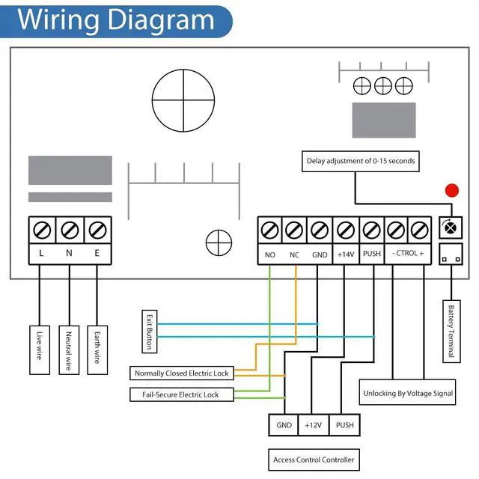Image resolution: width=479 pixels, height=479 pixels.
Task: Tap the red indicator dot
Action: tap(451, 190)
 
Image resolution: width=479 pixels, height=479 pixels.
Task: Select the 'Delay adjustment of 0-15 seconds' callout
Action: tap(360, 160)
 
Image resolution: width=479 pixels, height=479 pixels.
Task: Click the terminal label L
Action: tap(41, 254)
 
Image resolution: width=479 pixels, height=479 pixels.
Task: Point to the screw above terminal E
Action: tap(97, 228)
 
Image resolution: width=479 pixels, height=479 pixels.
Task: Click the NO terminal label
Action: tap(270, 254)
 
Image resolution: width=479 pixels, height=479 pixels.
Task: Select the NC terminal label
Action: tap(295, 254)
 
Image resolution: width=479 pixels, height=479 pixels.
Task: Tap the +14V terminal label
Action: tap(345, 254)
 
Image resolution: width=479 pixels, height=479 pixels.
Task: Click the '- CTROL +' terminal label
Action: tap(408, 254)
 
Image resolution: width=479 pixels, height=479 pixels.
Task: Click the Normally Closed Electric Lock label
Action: tap(181, 373)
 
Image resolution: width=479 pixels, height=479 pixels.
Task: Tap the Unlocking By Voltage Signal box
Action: tap(408, 393)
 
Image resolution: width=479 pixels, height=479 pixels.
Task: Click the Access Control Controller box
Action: tap(314, 460)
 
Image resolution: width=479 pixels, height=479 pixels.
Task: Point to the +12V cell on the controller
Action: tap(313, 424)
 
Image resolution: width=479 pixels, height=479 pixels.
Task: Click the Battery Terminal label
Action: tap(450, 331)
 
